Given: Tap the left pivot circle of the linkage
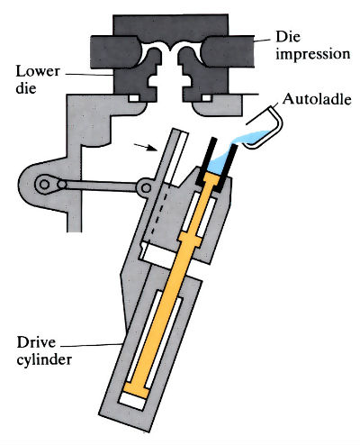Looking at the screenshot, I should (42, 185).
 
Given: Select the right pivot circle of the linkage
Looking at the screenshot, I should (144, 187).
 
